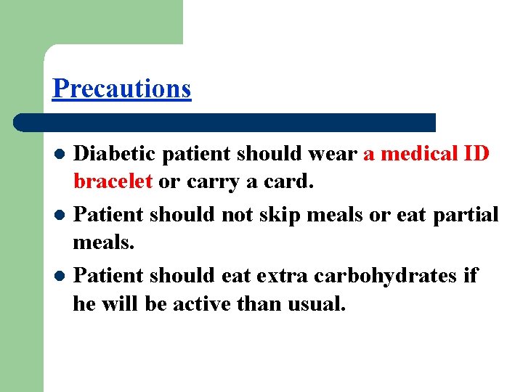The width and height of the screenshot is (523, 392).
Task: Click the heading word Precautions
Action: [x=121, y=89]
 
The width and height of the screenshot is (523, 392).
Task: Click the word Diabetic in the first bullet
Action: [x=116, y=154]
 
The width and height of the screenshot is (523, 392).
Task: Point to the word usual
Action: [x=316, y=304]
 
